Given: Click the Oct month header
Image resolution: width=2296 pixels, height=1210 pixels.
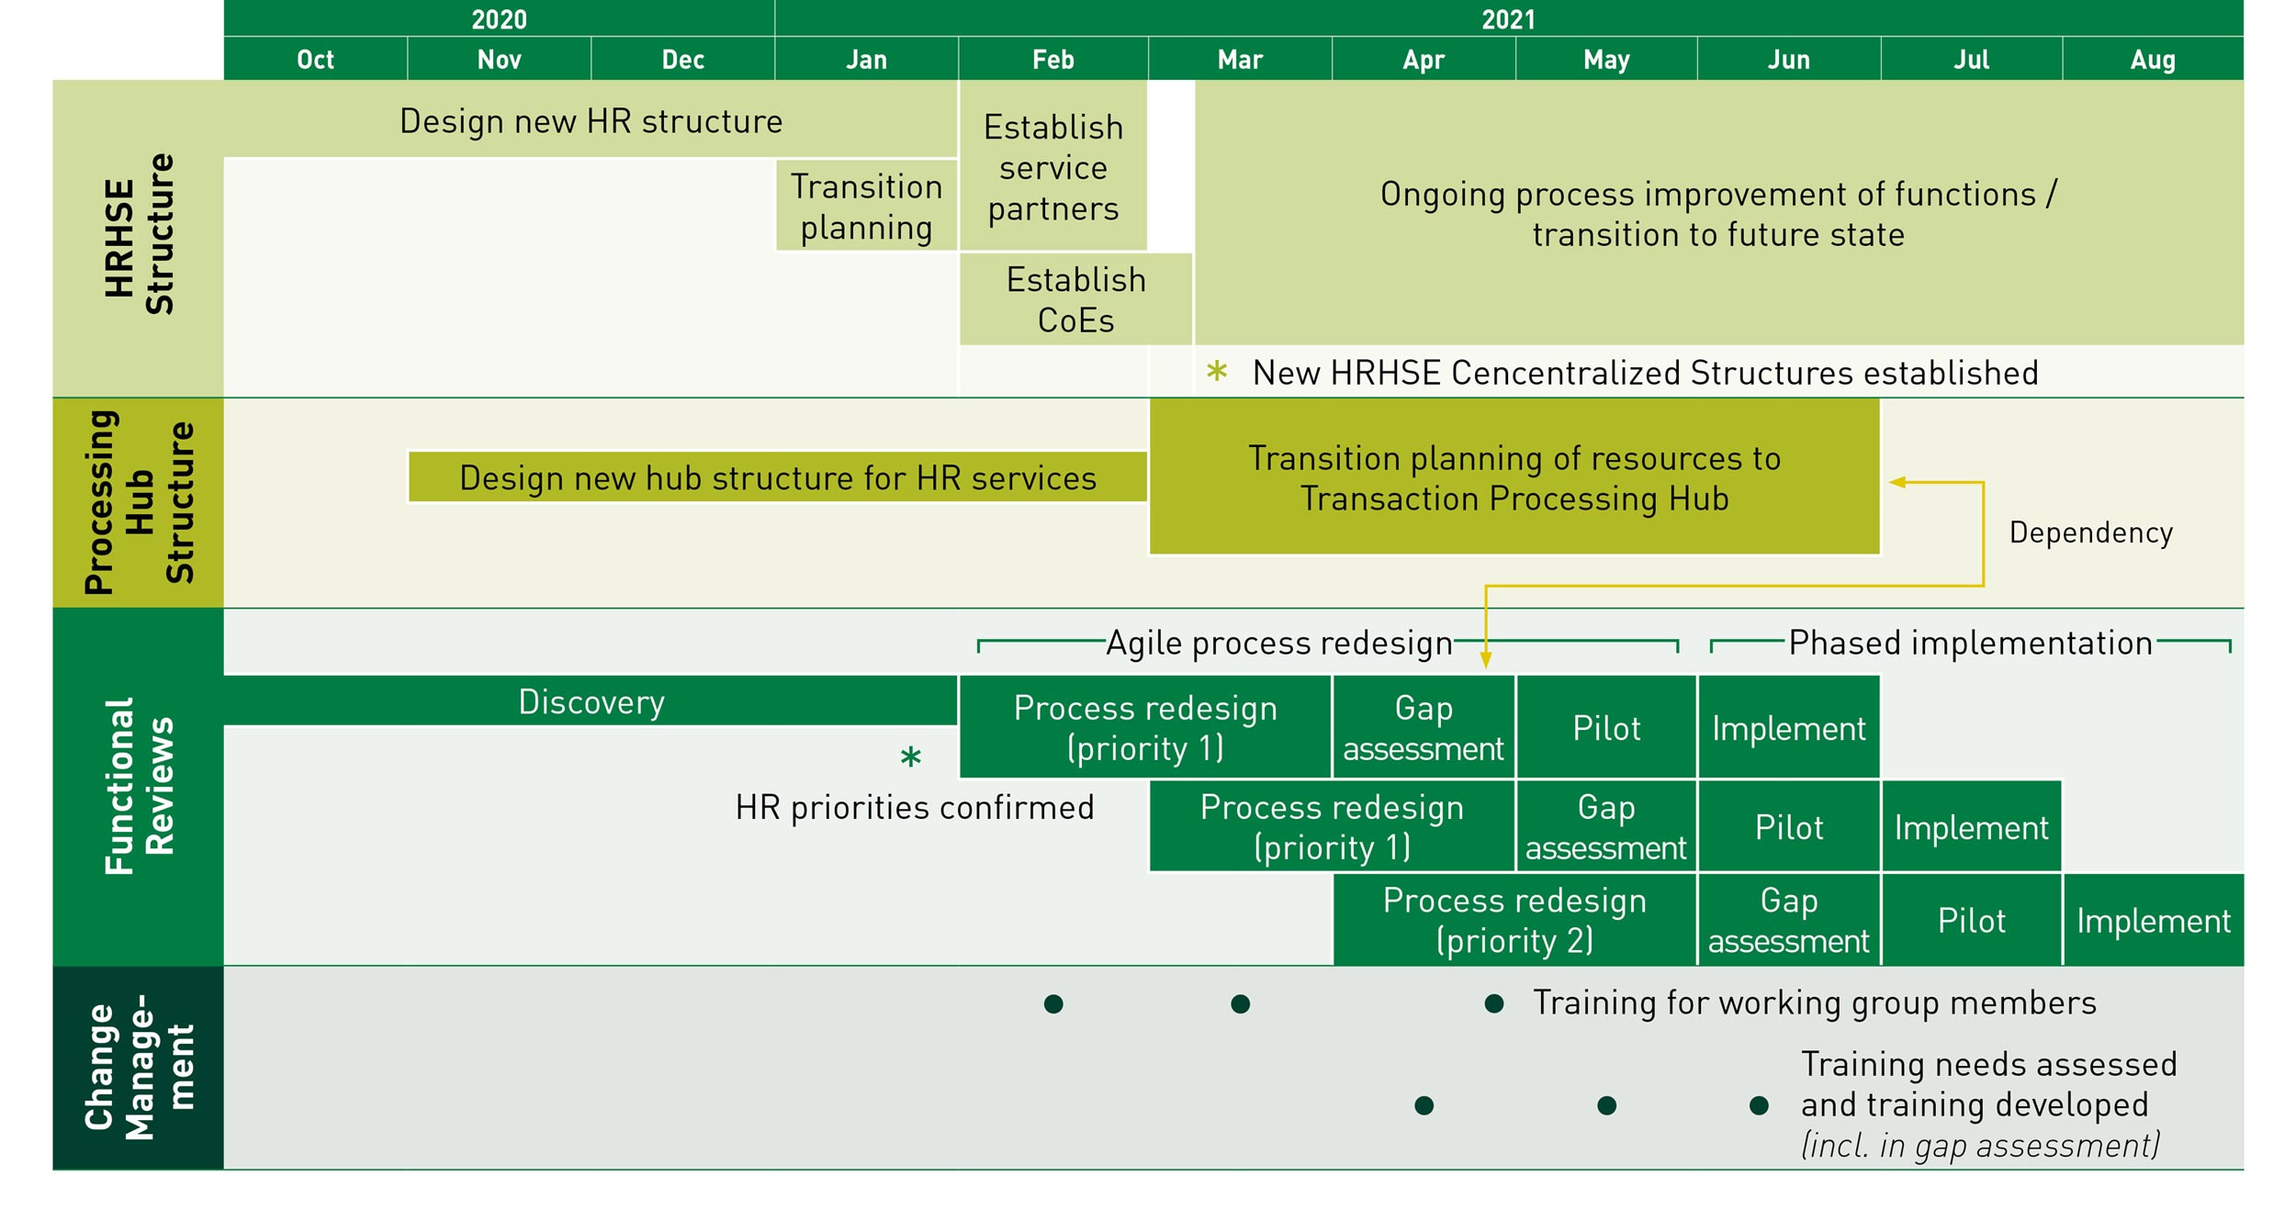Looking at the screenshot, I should [x=315, y=60].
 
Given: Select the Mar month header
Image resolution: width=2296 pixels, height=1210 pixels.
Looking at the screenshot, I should [x=1240, y=60].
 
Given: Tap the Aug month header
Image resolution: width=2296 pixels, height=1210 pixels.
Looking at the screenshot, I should [x=2153, y=60].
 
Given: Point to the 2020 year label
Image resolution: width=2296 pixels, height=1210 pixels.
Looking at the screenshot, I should [x=499, y=19].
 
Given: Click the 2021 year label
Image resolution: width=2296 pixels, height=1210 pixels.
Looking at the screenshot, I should [x=1508, y=19].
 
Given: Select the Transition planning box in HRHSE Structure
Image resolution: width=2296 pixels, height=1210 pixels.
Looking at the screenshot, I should [x=866, y=207].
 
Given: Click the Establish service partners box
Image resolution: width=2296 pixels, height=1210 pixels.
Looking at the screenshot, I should [x=1053, y=168].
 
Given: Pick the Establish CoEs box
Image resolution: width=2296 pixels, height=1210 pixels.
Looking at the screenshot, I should [x=1075, y=300].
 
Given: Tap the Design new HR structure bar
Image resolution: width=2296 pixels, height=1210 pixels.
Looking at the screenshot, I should [x=591, y=121].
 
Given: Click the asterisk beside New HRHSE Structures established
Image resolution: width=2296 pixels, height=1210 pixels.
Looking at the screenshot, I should [x=1217, y=371].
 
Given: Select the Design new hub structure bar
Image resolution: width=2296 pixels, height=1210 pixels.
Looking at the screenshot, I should [x=778, y=477].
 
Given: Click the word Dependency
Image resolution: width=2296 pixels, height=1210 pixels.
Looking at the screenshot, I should [x=2090, y=532].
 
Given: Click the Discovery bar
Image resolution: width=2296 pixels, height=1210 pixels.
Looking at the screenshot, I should [x=591, y=701].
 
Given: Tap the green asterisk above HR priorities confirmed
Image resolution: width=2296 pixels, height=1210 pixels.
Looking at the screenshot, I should [x=910, y=757].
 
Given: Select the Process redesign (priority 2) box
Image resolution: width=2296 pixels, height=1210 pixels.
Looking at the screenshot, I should [x=1514, y=920].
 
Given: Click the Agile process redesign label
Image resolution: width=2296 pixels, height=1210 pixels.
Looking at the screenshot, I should [x=1279, y=643].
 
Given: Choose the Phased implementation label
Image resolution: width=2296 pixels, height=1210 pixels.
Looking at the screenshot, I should [x=1970, y=643].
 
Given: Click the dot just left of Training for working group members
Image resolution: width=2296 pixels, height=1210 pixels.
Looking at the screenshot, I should [x=1494, y=1003].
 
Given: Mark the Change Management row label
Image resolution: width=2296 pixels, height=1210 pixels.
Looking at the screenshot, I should [x=138, y=1068].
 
